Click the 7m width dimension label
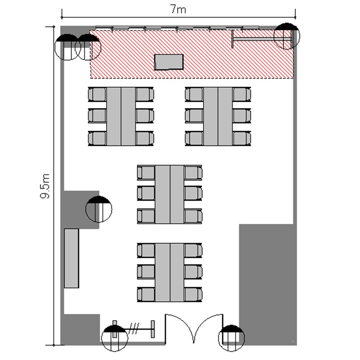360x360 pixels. (x=179, y=9)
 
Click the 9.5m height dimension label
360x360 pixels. (x=45, y=186)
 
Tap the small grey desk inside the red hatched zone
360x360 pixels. (x=169, y=62)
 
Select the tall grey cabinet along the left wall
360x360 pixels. (x=72, y=258)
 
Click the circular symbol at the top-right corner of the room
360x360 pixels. (x=287, y=36)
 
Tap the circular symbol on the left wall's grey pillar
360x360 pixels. (x=99, y=209)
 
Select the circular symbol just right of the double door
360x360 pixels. (x=231, y=338)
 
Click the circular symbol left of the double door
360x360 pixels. (x=114, y=338)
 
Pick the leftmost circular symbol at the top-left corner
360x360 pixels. (x=67, y=47)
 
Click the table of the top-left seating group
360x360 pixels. (x=121, y=116)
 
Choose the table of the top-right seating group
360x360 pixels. (x=218, y=116)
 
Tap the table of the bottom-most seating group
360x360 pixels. (x=169, y=273)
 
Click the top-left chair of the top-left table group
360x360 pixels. (x=97, y=95)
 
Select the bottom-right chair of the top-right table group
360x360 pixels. (x=241, y=138)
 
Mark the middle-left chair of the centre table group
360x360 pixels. (x=146, y=193)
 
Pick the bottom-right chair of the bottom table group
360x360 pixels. (x=193, y=295)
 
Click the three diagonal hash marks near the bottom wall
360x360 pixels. (x=134, y=329)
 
